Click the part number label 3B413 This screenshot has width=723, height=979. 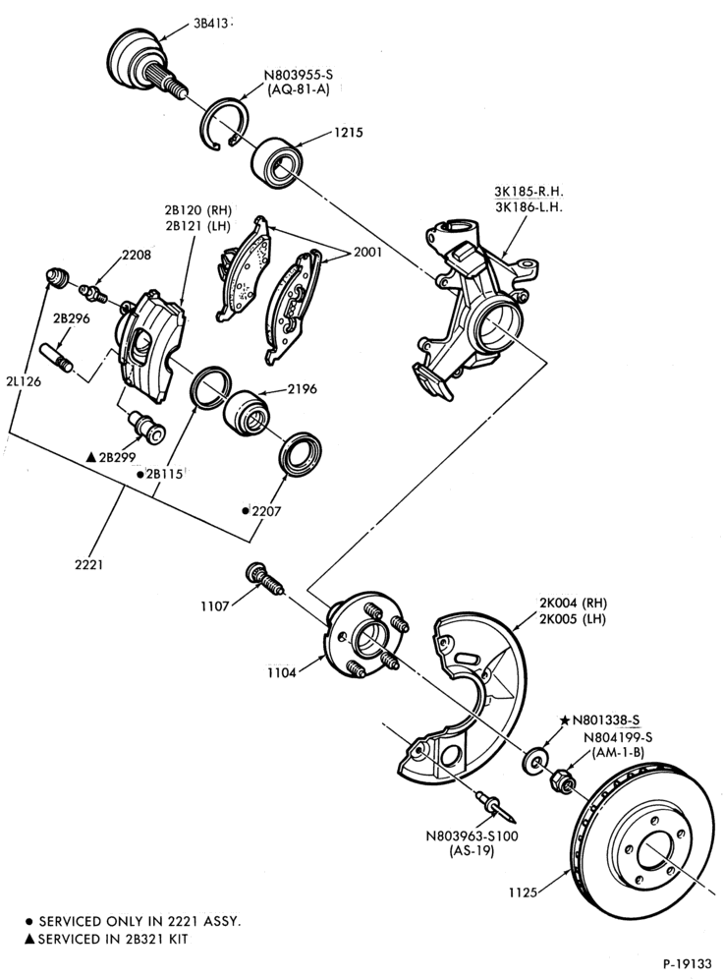coord(210,24)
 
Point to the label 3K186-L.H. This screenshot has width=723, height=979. coord(528,206)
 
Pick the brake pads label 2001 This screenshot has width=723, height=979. coord(367,253)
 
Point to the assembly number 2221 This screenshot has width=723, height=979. coord(89,564)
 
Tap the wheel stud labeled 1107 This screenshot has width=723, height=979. coord(264,580)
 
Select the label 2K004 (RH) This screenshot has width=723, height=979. coord(574,604)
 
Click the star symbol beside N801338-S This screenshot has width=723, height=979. coord(565,720)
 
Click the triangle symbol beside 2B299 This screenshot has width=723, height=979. coord(90,458)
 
